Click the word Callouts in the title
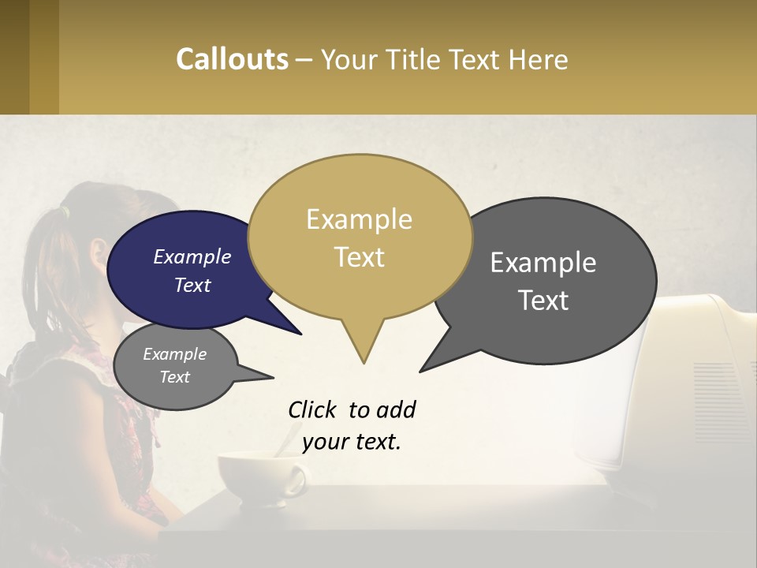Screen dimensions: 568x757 pyautogui.click(x=232, y=59)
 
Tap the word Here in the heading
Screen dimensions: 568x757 pyautogui.click(x=537, y=59)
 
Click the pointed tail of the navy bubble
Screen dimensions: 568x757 pyautogui.click(x=300, y=334)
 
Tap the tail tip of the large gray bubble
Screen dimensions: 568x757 pyautogui.click(x=421, y=371)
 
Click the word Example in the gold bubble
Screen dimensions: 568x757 pyautogui.click(x=359, y=219)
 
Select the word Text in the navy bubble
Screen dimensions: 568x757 pyautogui.click(x=192, y=286)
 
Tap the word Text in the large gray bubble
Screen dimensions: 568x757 pyautogui.click(x=543, y=301)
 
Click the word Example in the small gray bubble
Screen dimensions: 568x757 pyautogui.click(x=174, y=354)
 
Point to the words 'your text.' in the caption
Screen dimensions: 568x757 pyautogui.click(x=352, y=442)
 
